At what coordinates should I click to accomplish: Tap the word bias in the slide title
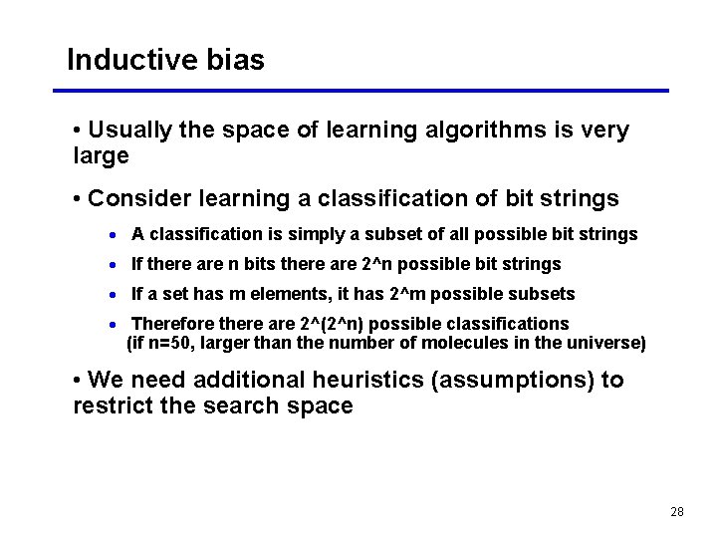[236, 60]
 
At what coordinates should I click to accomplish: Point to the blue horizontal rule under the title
[367, 91]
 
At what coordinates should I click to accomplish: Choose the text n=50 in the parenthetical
[167, 344]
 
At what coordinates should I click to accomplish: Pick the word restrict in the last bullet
[113, 405]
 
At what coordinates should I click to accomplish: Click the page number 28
[677, 511]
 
